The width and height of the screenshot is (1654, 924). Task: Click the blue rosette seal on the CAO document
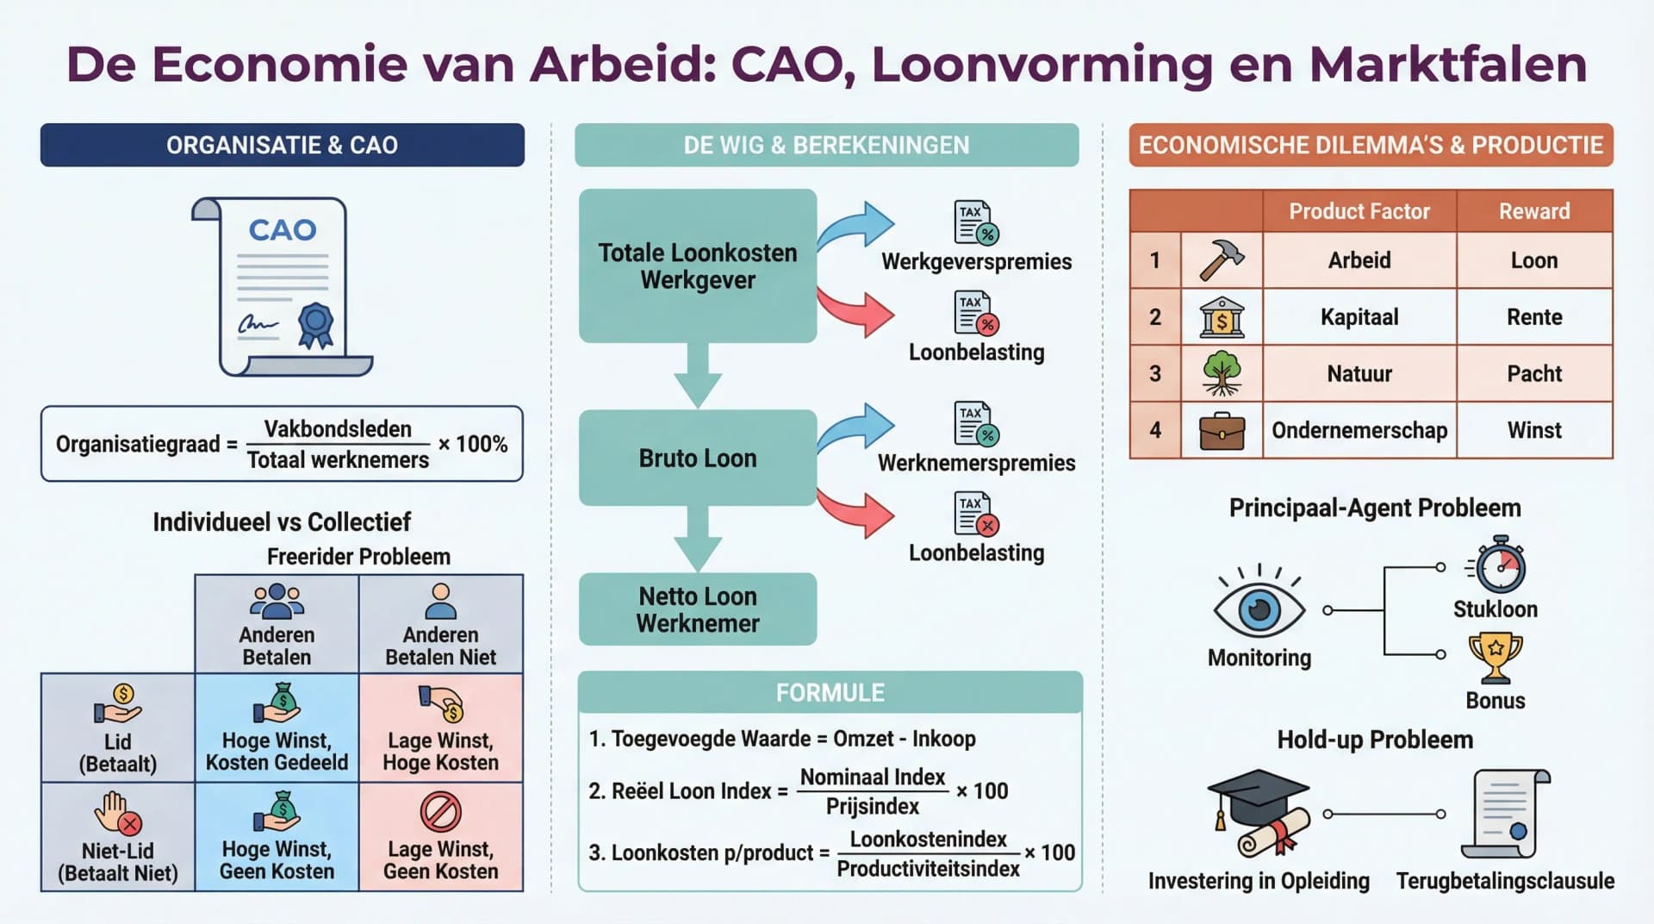click(315, 323)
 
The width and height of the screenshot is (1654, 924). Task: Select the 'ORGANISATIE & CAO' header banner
click(282, 145)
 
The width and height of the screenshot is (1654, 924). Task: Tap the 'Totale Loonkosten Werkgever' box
click(697, 265)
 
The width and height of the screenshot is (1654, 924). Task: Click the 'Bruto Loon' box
click(697, 458)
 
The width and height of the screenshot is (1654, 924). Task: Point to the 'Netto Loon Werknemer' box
click(697, 609)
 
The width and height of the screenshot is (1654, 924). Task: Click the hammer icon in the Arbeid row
click(1222, 259)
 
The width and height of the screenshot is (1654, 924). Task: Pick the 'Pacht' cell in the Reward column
click(1533, 373)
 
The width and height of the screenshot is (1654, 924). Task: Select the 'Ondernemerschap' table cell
click(1359, 430)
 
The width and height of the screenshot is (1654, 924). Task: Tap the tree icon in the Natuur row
click(1222, 373)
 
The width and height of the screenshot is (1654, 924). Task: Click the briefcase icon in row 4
click(1222, 431)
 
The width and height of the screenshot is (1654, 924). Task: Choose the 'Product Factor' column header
click(1359, 211)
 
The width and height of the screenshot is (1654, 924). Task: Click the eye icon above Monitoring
click(1259, 609)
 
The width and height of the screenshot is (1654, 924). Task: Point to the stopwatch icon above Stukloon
click(1499, 565)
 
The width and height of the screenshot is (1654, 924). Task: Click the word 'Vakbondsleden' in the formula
click(338, 428)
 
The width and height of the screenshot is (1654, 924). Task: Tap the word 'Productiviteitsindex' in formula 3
click(928, 869)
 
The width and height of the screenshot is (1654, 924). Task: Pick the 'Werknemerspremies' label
click(976, 463)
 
